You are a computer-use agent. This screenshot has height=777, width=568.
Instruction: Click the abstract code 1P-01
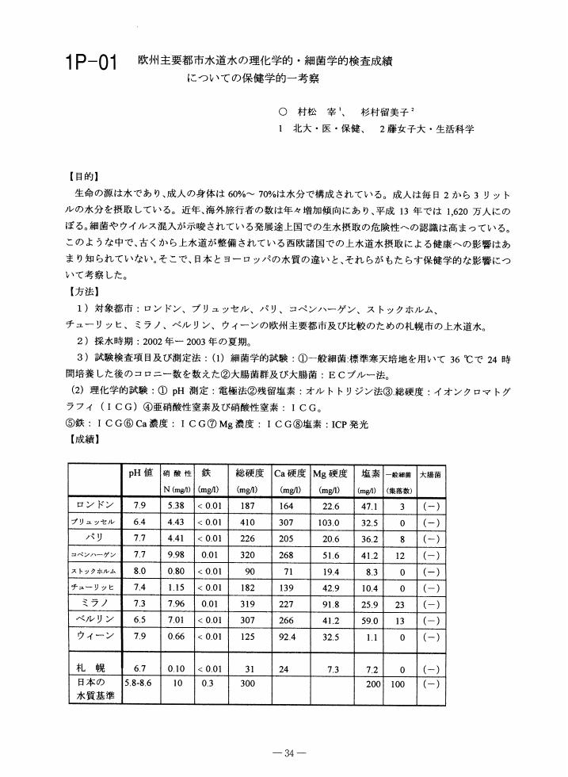click(90, 63)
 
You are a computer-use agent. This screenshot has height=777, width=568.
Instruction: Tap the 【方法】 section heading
click(85, 293)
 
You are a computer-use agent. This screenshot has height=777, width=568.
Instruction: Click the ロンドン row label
click(95, 504)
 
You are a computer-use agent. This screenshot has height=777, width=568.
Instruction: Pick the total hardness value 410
click(247, 522)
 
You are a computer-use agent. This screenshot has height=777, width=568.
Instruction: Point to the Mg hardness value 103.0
click(330, 522)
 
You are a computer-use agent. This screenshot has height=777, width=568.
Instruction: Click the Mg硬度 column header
click(330, 473)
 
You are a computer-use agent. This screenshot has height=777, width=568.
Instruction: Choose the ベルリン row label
click(95, 619)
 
